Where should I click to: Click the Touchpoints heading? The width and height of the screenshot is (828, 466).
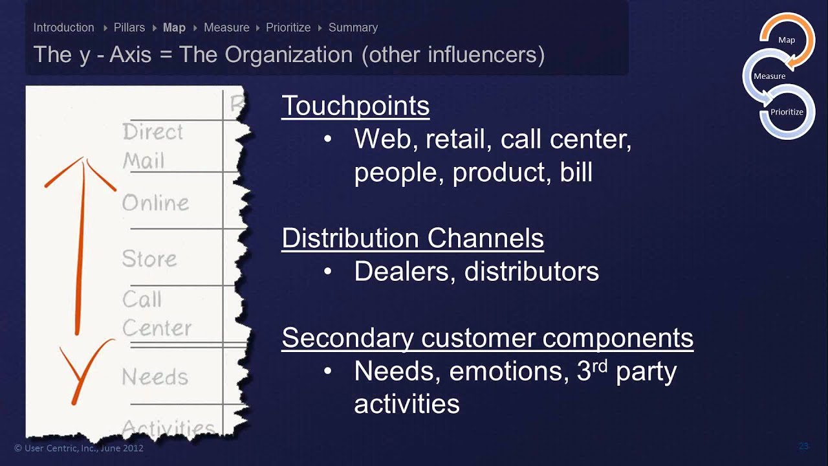pos(355,105)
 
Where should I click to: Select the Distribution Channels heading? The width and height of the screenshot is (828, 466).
pos(412,238)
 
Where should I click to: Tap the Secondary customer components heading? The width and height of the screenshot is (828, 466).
pos(487,338)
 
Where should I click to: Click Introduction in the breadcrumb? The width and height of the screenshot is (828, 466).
pos(63,28)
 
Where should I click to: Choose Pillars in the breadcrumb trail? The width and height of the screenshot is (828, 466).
pos(129,28)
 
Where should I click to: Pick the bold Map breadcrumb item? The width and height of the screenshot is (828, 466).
pos(174,28)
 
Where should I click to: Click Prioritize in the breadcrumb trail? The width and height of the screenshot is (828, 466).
pos(289,28)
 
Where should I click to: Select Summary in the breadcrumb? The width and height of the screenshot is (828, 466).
pos(353,28)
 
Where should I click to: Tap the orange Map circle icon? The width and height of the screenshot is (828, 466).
pos(787,40)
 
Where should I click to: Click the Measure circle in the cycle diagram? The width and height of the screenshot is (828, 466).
pos(769,76)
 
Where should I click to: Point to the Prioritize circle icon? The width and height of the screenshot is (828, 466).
pos(787,112)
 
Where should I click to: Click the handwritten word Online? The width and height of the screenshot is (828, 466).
pos(155,203)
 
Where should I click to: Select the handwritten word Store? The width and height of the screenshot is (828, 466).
pos(149,259)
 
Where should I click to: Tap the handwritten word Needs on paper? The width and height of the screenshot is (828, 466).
pos(155,377)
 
